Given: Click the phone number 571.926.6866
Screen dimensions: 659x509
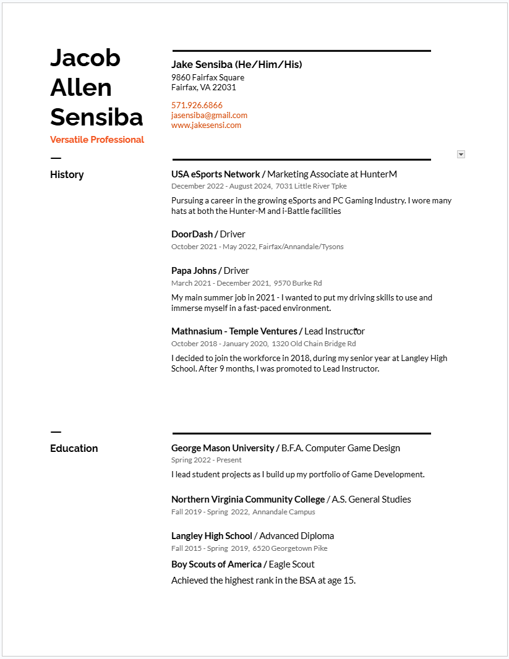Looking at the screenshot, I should pyautogui.click(x=197, y=105).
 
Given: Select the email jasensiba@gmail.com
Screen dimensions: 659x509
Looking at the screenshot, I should pyautogui.click(x=209, y=115).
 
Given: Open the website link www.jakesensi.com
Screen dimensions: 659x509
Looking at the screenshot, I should pyautogui.click(x=206, y=125).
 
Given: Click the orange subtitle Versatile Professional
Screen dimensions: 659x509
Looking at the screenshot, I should pyautogui.click(x=97, y=140).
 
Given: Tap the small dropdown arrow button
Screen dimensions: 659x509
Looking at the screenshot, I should pyautogui.click(x=461, y=154).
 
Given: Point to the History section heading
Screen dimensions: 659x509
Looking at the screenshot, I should pyautogui.click(x=67, y=174).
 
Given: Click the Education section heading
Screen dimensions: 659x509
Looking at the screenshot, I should pyautogui.click(x=74, y=448).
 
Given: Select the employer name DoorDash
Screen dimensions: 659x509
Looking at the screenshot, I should pyautogui.click(x=192, y=234).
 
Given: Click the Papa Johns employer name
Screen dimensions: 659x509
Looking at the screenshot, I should pyautogui.click(x=194, y=270).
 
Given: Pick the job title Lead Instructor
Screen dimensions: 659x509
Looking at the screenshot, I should pyautogui.click(x=335, y=331).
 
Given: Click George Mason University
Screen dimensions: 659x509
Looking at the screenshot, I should pyautogui.click(x=223, y=448).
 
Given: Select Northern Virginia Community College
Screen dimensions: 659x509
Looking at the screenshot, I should pyautogui.click(x=248, y=499).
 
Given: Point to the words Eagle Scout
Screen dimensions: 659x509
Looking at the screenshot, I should pyautogui.click(x=291, y=564).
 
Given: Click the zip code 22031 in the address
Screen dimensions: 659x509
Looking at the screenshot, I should pyautogui.click(x=225, y=87).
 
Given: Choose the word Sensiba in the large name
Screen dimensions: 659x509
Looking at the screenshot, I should pyautogui.click(x=96, y=117).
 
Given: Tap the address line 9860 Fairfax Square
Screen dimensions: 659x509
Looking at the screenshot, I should pyautogui.click(x=208, y=77).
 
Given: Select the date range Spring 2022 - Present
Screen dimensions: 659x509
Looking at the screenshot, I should pyautogui.click(x=206, y=460).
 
